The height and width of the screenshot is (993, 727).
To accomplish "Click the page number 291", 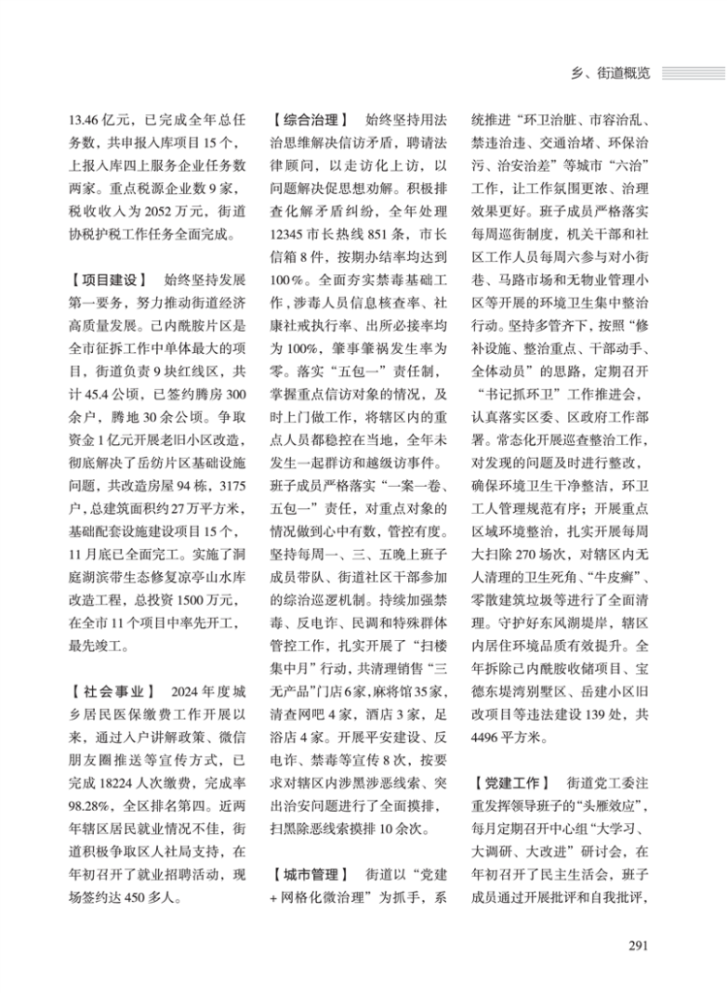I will click(637, 947).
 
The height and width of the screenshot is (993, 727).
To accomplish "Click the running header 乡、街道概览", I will click(605, 72).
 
